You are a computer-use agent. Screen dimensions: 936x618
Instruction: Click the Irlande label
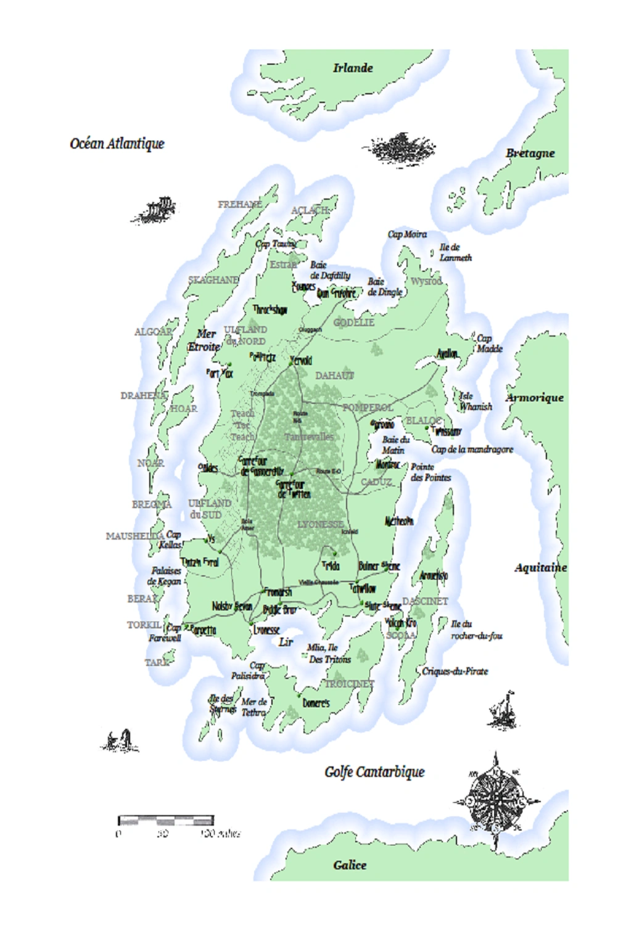353,68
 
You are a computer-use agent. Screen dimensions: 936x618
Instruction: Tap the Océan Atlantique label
117,144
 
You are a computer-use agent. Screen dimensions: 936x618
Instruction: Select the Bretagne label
530,153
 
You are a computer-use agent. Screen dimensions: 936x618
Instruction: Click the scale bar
166,821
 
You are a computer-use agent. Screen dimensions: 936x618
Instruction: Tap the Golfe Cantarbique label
374,771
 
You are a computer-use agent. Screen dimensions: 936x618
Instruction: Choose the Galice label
350,865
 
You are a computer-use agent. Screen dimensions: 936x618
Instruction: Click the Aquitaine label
540,567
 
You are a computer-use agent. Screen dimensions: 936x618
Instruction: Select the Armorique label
534,398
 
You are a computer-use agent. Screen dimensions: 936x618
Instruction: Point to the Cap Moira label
407,234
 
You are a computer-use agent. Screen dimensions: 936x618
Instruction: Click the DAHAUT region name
335,376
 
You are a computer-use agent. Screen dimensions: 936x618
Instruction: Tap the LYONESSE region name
320,524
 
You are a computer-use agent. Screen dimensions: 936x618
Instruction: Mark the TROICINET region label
349,684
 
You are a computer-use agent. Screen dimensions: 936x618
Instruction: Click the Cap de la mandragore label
472,450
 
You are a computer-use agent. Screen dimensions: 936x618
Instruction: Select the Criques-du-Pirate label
455,671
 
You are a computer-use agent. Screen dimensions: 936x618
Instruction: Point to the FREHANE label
240,204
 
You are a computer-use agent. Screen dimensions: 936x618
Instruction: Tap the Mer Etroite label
205,340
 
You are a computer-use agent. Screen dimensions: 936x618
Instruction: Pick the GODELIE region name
353,322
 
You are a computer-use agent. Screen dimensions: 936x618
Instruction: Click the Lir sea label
286,642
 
